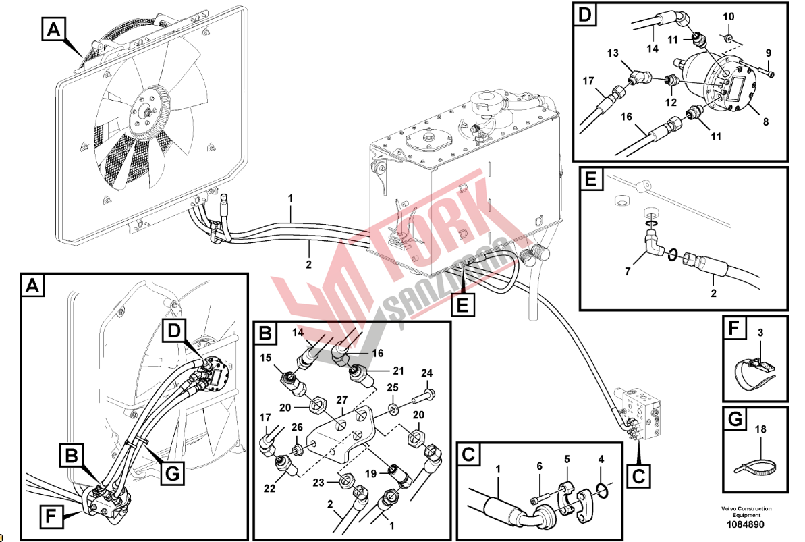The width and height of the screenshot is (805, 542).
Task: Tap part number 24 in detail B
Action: point(426,373)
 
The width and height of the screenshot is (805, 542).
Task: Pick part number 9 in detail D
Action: point(768,53)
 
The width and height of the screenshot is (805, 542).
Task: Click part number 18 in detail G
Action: point(760,428)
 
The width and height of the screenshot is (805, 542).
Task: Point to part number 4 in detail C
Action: point(601,461)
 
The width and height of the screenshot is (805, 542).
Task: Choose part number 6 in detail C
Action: point(539,466)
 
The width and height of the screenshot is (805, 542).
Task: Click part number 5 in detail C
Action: point(567,460)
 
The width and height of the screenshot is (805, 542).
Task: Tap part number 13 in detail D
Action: point(612,53)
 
